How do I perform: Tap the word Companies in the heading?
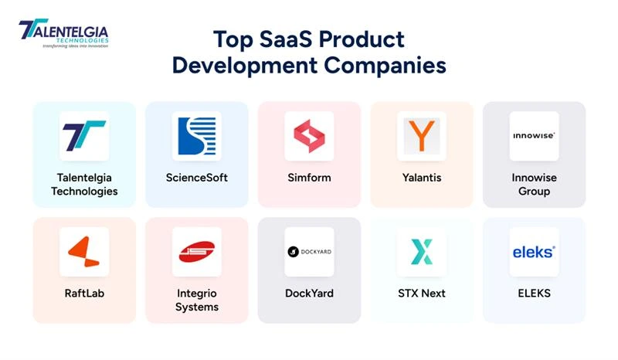385,65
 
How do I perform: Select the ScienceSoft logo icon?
196,136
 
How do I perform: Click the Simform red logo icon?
309,136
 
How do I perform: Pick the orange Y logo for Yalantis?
422,136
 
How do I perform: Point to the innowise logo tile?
534,136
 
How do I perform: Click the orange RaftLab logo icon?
83,252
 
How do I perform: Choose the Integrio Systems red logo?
196,252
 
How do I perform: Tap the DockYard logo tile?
309,252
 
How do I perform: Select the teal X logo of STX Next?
422,252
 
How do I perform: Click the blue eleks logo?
534,252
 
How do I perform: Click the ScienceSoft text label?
196,178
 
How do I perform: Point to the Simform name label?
309,178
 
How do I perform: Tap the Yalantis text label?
422,178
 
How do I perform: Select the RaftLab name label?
84,294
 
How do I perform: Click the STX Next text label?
422,294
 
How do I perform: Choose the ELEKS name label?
534,294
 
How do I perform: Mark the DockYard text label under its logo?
309,294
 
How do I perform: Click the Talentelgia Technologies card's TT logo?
83,136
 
